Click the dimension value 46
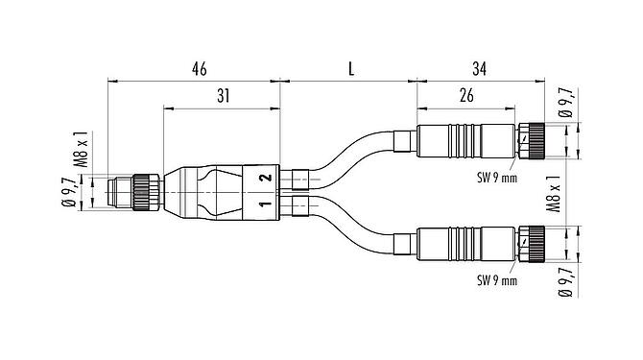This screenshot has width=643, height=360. pyautogui.click(x=199, y=69)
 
